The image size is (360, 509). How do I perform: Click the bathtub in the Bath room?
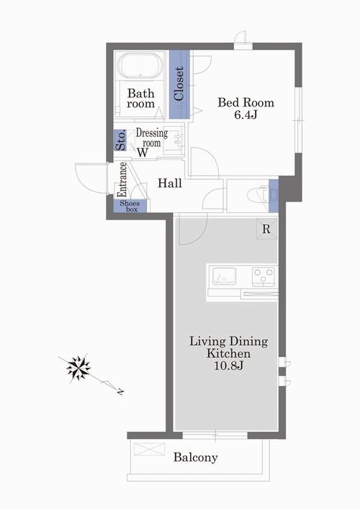140,66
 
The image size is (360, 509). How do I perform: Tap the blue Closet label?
179,84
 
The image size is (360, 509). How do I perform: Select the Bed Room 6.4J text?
246,109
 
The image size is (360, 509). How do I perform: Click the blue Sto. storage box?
120,140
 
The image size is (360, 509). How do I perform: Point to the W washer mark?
142,153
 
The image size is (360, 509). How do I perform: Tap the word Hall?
170,184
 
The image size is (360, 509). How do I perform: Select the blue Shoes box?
130,206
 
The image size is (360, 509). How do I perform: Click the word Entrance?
122,179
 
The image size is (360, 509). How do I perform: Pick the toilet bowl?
258,195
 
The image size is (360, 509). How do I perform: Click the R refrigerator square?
266,229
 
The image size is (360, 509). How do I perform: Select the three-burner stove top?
264,276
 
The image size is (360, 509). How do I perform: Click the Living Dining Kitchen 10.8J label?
228,353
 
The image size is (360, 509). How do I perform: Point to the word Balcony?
195,457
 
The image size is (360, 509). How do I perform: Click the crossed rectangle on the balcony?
149,449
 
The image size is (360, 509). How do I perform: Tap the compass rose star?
78,368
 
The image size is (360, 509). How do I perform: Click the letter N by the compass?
120,392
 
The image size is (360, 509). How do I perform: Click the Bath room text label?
140,99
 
